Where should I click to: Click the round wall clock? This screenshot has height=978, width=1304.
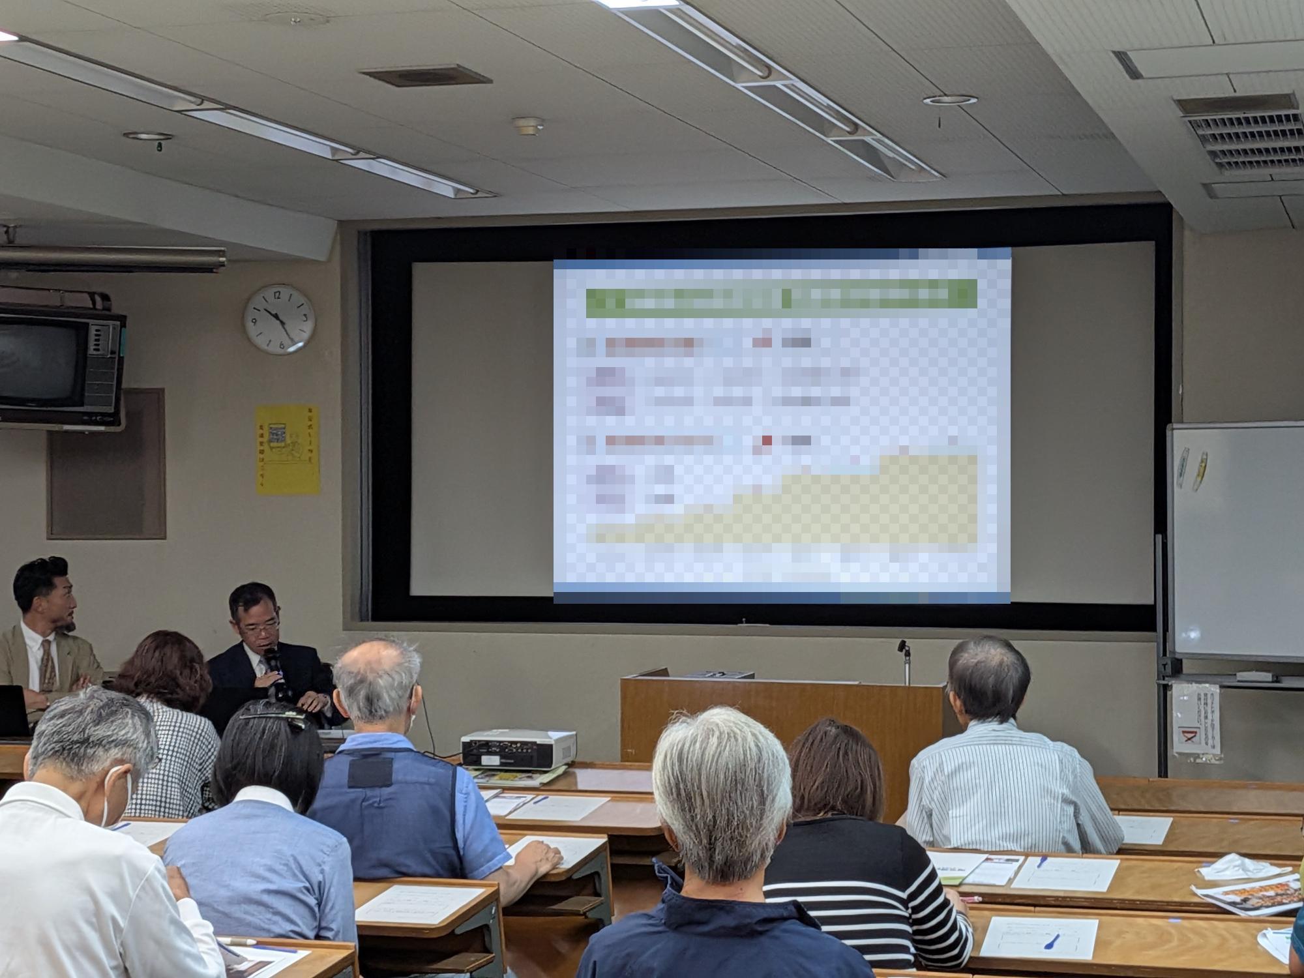280,319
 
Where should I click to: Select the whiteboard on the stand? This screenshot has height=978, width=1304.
1236,541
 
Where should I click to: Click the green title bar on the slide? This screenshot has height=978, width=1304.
781,297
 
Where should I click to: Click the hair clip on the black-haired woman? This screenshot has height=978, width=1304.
274,719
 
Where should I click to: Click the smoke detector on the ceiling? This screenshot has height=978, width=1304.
527,125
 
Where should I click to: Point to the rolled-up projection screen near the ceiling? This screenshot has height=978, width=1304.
111,259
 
